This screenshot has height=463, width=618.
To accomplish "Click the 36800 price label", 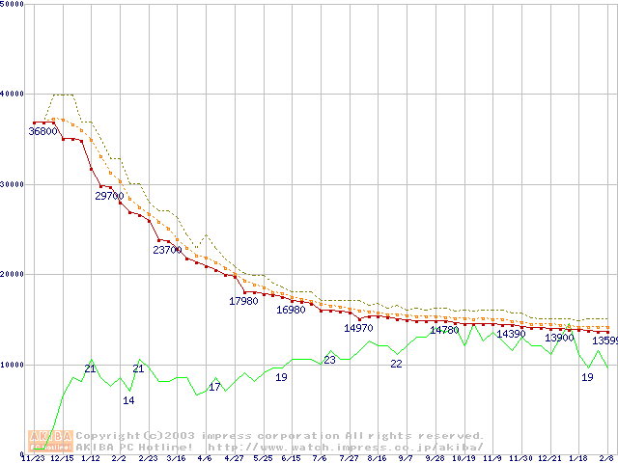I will (42, 130).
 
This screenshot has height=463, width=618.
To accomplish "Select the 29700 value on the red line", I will (109, 196).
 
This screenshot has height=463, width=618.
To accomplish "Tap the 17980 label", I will (243, 301).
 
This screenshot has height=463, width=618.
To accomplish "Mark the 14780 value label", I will (444, 330).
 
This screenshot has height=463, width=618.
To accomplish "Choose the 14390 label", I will (511, 334).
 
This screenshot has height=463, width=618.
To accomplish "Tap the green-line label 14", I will (128, 399).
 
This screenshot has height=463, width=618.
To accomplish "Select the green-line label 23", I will (329, 360).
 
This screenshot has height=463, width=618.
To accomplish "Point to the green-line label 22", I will (396, 364).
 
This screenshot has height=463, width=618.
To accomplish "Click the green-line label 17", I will (214, 387).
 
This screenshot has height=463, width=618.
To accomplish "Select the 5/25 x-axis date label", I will (262, 459).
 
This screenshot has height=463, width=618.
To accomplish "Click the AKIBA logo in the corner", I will (51, 440).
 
